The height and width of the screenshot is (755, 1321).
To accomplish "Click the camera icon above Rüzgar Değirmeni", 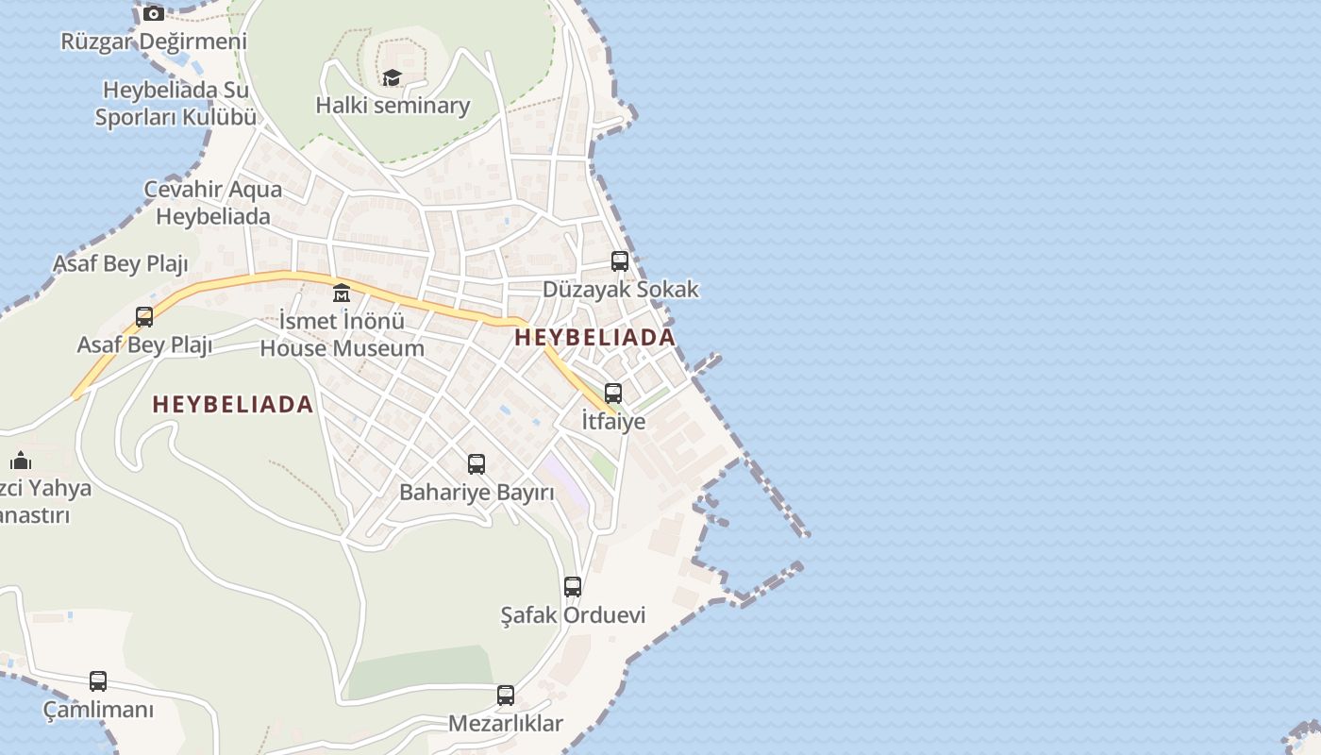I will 154,14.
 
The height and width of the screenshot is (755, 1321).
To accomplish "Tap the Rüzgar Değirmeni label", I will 154,42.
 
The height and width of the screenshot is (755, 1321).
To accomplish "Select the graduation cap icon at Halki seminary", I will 392,77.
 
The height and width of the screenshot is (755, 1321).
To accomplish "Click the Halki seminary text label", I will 393,105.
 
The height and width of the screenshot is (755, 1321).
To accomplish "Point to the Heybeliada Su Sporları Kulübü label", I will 176,104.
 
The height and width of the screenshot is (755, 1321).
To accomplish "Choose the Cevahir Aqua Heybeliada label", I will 212,202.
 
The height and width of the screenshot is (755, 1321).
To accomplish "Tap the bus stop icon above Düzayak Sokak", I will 620,261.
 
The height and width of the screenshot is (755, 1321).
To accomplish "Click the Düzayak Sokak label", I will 620,289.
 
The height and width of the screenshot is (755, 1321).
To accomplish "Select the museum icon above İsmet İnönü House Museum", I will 342,294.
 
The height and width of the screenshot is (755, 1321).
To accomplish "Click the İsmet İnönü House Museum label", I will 342,334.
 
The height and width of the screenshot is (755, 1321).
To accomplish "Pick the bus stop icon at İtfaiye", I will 613,394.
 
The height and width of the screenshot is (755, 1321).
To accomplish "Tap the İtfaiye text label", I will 613,421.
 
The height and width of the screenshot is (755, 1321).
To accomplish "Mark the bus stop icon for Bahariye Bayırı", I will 477,464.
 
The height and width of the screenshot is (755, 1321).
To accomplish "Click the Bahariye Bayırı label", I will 477,492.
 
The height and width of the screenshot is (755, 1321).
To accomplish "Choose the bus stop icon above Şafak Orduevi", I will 573,587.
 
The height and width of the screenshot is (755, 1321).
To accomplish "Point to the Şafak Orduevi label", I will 573,615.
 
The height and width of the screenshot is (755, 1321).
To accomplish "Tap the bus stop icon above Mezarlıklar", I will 506,696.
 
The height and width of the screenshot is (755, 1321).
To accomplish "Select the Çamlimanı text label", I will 98,709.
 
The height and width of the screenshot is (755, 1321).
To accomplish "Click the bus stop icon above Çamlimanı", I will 98,681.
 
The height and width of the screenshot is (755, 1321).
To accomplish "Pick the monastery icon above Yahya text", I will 21,461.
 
